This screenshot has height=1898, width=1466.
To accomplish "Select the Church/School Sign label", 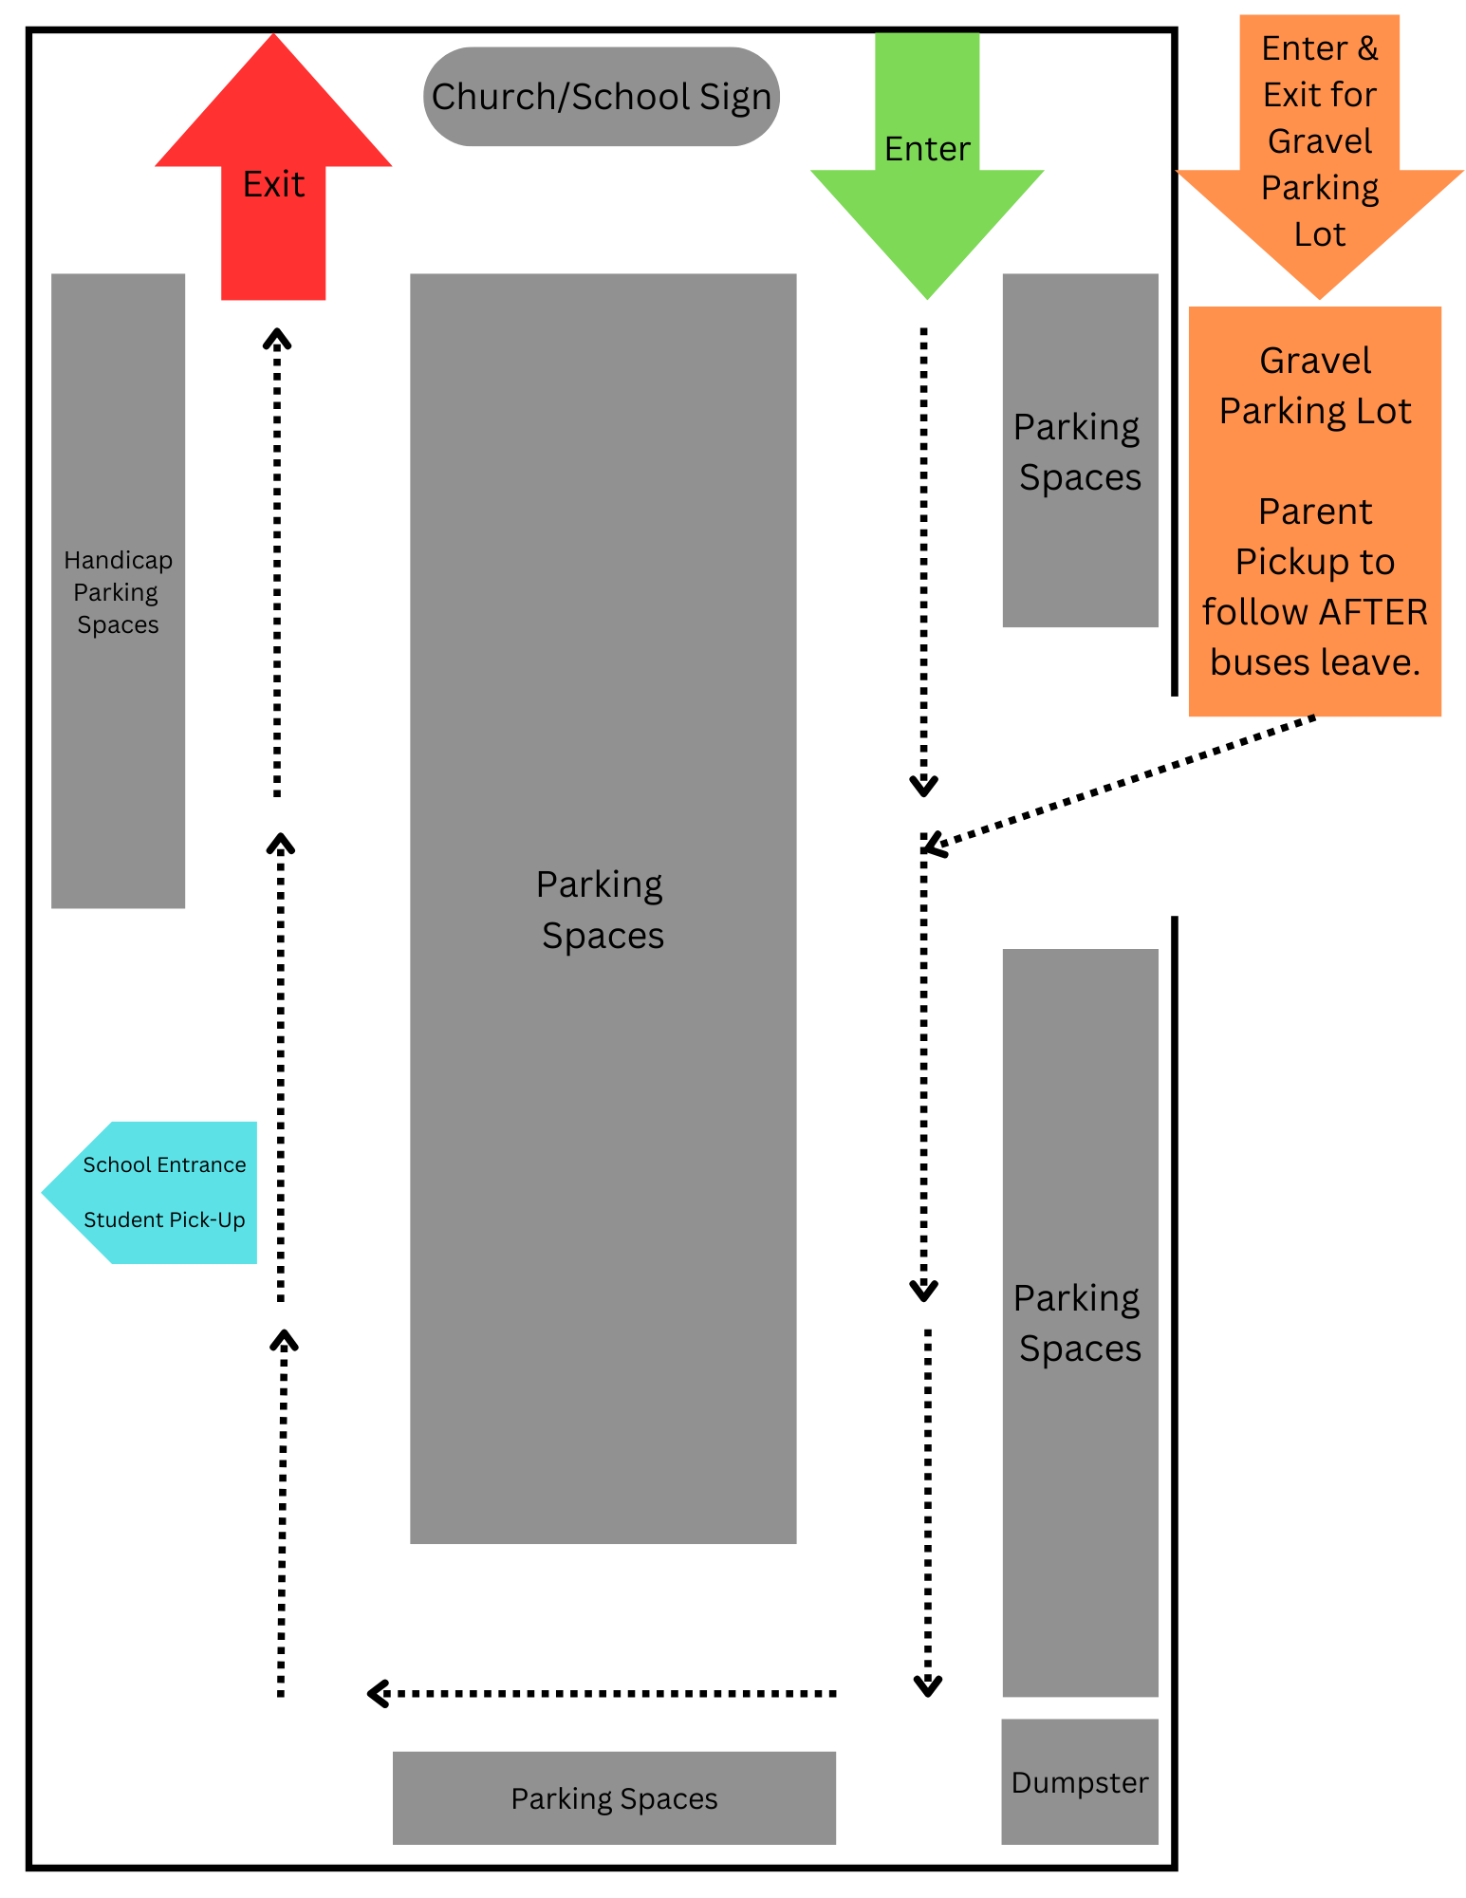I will [601, 97].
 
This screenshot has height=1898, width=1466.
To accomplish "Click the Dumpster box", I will [1080, 1782].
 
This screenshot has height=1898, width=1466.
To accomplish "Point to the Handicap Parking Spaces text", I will [118, 592].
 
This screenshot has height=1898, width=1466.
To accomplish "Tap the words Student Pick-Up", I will [164, 1219].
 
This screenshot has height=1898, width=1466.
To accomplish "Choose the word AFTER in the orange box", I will [1373, 612].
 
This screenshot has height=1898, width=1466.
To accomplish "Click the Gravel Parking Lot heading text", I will [1315, 385].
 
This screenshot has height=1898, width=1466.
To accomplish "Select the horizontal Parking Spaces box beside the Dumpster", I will [614, 1798].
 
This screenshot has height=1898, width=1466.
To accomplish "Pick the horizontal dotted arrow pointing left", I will [602, 1693].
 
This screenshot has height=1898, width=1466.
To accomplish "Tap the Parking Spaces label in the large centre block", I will [602, 909].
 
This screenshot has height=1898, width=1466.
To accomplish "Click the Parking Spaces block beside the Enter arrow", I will [1080, 452].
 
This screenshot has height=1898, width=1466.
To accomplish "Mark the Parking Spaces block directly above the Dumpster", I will [1080, 1323].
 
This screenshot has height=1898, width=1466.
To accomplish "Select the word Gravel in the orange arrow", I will [1320, 141].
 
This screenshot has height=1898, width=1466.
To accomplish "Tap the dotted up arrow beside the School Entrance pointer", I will [281, 1068].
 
